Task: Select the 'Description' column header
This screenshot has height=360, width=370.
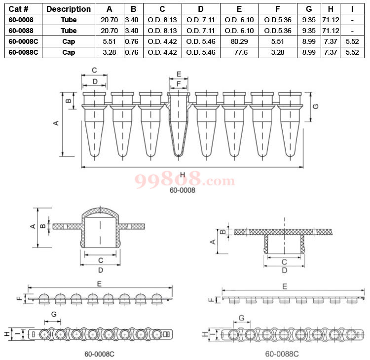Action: [x=69, y=9]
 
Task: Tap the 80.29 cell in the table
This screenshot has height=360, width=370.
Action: [x=239, y=41]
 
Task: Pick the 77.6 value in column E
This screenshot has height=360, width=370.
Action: [x=239, y=52]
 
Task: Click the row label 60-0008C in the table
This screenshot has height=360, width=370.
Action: [x=23, y=41]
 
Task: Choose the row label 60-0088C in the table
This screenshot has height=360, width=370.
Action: [x=23, y=52]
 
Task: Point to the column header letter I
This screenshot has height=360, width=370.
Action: [x=352, y=9]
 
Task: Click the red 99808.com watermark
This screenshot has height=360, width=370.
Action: [x=185, y=179]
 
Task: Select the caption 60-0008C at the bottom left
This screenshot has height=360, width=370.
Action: [x=100, y=354]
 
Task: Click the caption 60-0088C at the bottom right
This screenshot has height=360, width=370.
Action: [x=282, y=354]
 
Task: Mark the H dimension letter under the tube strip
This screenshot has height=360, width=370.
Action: [x=183, y=174]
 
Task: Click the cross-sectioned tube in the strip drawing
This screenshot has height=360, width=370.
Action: [x=179, y=123]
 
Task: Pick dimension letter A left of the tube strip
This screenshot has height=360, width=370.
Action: [x=56, y=123]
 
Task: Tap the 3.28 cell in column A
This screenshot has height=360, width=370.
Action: [x=109, y=52]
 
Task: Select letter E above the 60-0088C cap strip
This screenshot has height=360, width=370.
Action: [x=284, y=286]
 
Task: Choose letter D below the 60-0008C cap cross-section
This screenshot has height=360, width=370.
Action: [x=100, y=270]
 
